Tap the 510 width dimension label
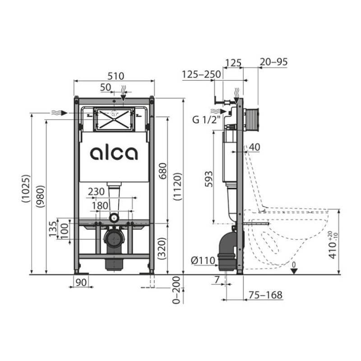pos(116,76)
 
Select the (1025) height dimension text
pos(26,189)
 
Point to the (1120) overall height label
pos(178,186)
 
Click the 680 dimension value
pos(163,171)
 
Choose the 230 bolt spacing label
pos(96,191)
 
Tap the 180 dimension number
pos(100,206)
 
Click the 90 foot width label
pos(81,282)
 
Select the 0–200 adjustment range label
pos(176,290)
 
